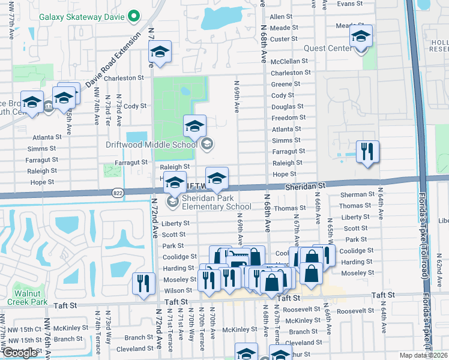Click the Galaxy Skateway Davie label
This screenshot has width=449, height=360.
click(x=83, y=16)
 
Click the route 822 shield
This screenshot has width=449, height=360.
click(x=117, y=193)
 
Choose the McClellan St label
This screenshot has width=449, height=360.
click(x=289, y=61)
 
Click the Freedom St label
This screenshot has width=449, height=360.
click(x=289, y=118)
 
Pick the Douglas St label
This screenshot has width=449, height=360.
click(x=288, y=107)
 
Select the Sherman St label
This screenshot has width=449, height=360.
click(x=357, y=195)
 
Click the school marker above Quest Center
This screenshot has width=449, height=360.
click(x=361, y=37)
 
